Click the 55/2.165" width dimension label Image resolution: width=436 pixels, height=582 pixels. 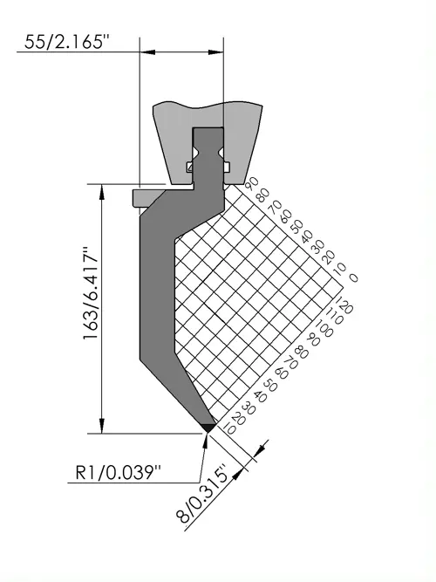coord(66,42)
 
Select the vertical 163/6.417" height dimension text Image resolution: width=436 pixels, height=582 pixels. coord(91,293)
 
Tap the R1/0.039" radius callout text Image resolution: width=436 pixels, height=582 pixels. coord(119,473)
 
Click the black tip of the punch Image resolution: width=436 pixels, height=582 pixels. coord(208,428)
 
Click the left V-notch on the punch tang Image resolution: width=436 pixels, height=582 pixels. coord(195,153)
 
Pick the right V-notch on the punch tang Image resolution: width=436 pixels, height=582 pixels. coord(221,153)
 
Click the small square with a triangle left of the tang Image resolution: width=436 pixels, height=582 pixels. coord(190,168)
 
